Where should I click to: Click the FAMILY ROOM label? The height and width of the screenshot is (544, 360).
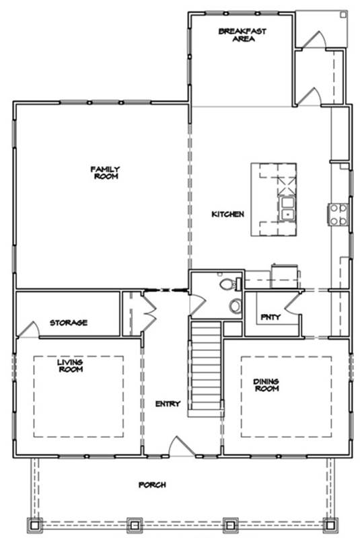pyautogui.click(x=105, y=172)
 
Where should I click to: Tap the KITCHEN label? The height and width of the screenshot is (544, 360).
pyautogui.click(x=227, y=214)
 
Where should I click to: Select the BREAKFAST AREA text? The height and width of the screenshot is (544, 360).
pyautogui.click(x=242, y=35)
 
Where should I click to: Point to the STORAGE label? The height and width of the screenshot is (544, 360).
pyautogui.click(x=69, y=323)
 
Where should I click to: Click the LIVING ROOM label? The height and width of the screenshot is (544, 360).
pyautogui.click(x=70, y=366)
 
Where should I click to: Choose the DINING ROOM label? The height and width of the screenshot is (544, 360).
pyautogui.click(x=266, y=385)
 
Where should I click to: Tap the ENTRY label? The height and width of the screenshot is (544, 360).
pyautogui.click(x=168, y=403)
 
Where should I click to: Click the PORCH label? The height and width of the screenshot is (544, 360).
pyautogui.click(x=152, y=485)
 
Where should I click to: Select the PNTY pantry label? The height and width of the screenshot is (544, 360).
pyautogui.click(x=271, y=317)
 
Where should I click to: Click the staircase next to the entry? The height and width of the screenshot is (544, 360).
pyautogui.click(x=206, y=368)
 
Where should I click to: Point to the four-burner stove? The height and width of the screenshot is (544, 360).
pyautogui.click(x=338, y=215)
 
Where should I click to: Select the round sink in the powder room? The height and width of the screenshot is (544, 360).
pyautogui.click(x=235, y=305)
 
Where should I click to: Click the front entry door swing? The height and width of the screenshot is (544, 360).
pyautogui.click(x=182, y=446)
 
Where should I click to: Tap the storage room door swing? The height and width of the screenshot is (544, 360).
pyautogui.click(x=28, y=329)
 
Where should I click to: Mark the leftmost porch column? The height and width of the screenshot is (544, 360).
pyautogui.click(x=35, y=525)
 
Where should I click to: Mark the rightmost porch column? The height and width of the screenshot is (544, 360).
pyautogui.click(x=330, y=525)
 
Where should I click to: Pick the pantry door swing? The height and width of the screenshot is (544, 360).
pyautogui.click(x=292, y=305)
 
